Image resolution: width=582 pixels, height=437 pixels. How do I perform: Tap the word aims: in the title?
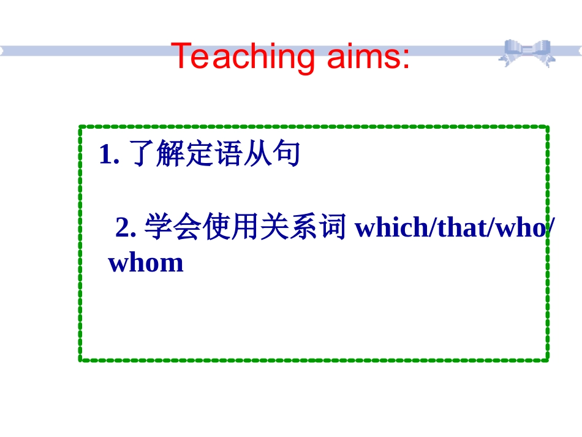pos(368,56)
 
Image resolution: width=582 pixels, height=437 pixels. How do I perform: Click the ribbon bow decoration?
pos(526,53)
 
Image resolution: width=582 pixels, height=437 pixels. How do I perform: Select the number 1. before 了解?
pos(108,155)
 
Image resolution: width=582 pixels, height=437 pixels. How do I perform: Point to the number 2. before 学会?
pos(125,228)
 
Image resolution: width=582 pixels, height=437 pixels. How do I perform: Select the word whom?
pos(146,263)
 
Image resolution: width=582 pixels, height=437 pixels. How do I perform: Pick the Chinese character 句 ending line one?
pos(287,155)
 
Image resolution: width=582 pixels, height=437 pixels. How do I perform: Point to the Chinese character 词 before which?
pos(334,228)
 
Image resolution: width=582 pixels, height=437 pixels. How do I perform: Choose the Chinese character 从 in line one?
pos(258,155)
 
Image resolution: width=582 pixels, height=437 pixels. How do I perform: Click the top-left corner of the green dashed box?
pos(81,127)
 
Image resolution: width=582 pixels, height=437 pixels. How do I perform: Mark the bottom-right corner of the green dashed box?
pos(546,359)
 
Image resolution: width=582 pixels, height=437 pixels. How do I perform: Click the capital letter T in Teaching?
pos(181,56)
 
